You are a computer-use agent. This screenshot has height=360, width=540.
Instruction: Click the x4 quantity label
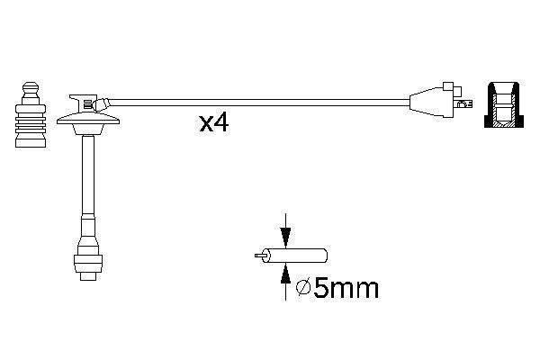(x=214, y=123)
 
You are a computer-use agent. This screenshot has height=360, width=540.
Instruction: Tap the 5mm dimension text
(x=346, y=288)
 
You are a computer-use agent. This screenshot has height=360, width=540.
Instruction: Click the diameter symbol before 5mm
(x=303, y=287)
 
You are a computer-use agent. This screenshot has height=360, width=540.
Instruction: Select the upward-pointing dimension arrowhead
(x=285, y=274)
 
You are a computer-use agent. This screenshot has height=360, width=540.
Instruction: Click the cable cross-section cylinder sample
(x=294, y=256)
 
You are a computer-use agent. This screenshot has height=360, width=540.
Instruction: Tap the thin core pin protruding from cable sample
(x=260, y=256)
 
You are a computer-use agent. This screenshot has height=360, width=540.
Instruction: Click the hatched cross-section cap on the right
(x=504, y=105)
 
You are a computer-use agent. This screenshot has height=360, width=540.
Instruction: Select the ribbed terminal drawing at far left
(x=31, y=115)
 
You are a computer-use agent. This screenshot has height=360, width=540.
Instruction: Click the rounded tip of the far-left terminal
(x=31, y=86)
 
